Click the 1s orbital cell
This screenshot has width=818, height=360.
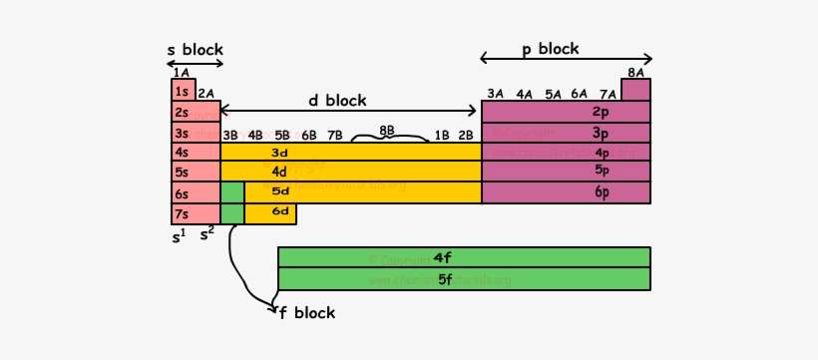(183, 92)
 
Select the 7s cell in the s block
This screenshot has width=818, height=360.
(183, 213)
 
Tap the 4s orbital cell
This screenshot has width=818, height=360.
(183, 153)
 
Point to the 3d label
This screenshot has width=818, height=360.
(279, 153)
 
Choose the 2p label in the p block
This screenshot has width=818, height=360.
(601, 112)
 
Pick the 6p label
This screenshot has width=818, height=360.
(601, 192)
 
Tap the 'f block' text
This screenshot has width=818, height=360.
(307, 313)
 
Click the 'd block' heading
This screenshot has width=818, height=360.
(336, 100)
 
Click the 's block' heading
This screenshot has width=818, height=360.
(195, 50)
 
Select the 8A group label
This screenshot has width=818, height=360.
(635, 72)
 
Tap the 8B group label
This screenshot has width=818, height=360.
(387, 131)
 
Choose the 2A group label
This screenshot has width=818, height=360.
(206, 94)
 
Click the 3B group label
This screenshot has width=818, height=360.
(230, 135)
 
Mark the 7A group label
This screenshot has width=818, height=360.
(608, 94)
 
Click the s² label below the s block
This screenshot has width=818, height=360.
(207, 235)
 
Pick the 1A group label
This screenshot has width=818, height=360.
(181, 72)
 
